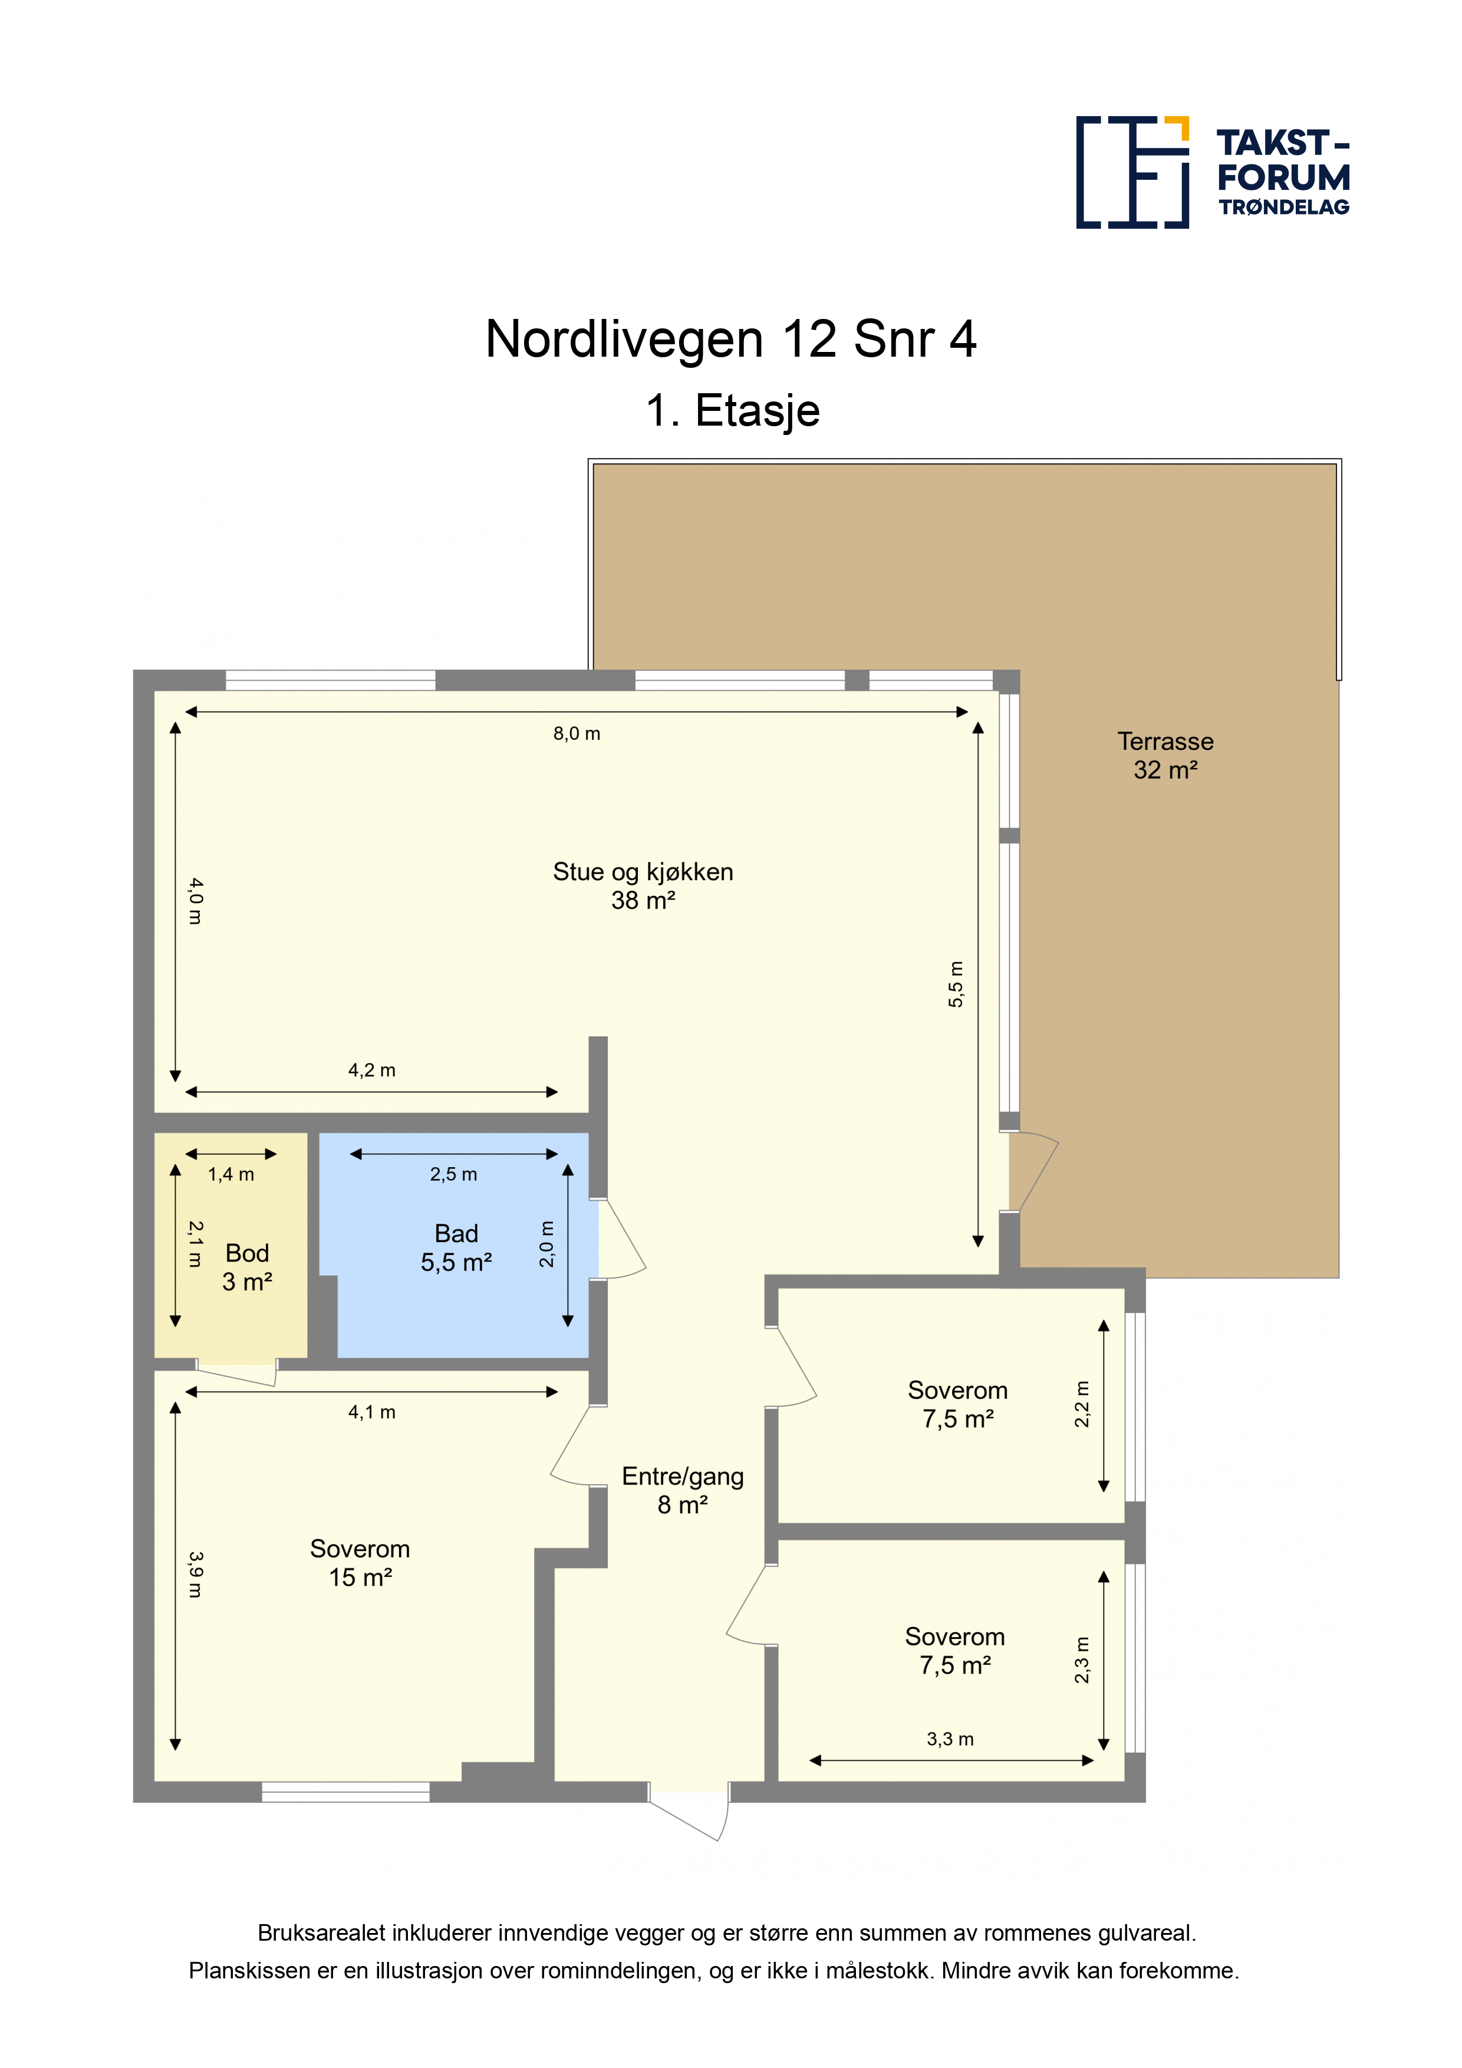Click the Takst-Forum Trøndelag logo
(1213, 172)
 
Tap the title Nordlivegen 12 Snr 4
(730, 340)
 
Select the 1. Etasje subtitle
(732, 411)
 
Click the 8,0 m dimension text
(577, 733)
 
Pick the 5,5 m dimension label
(955, 983)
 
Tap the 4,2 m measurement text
(371, 1070)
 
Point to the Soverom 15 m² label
(360, 1563)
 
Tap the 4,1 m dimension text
(371, 1412)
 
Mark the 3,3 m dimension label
(950, 1739)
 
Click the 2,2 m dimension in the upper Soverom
(1082, 1404)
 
